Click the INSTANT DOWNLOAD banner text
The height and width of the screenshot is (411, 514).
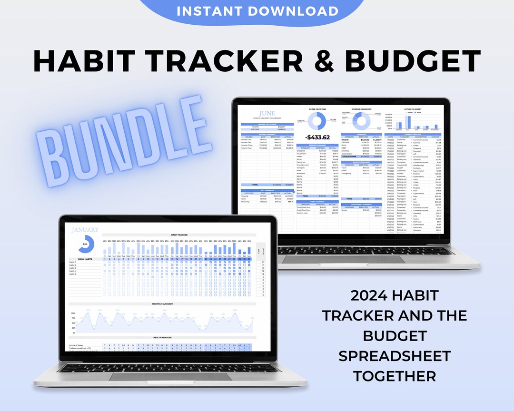pyautogui.click(x=257, y=10)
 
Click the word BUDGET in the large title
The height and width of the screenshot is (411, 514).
pyautogui.click(x=413, y=61)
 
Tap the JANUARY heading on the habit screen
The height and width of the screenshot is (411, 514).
pyautogui.click(x=86, y=230)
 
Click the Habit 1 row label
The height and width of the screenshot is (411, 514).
pyautogui.click(x=73, y=262)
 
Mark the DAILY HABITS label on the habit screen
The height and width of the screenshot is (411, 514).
pyautogui.click(x=79, y=258)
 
